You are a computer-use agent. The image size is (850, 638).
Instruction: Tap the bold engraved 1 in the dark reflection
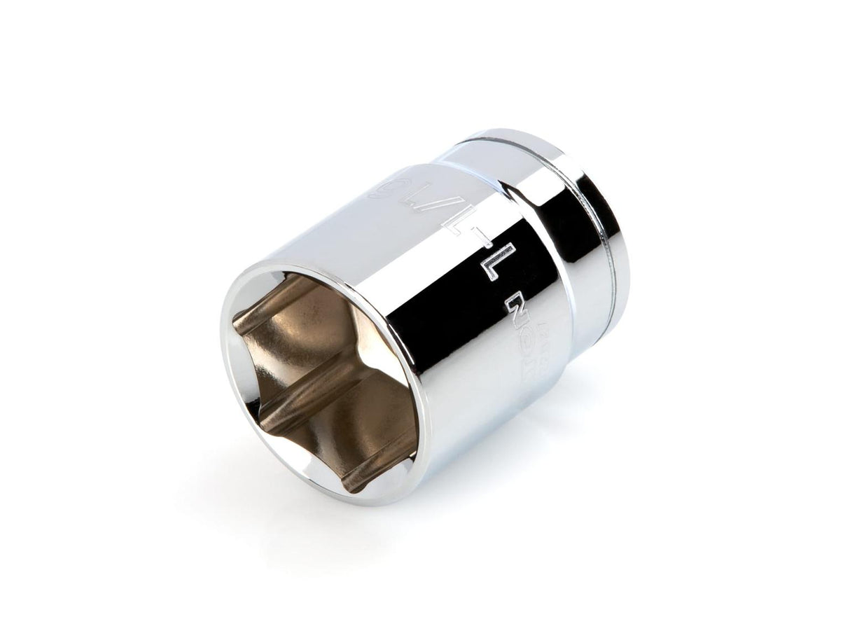pyautogui.click(x=498, y=263)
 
